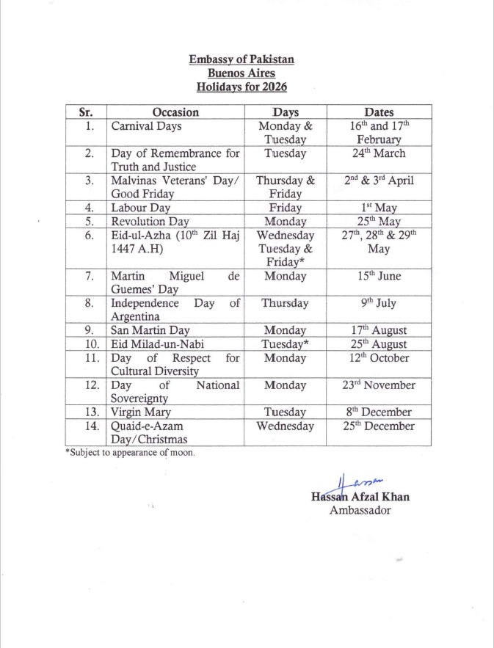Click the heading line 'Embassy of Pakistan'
coord(241,59)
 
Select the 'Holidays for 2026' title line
coord(241,87)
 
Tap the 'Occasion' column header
coord(175,112)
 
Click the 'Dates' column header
coord(379,112)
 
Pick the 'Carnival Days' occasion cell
coord(147,126)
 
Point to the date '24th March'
coord(379,153)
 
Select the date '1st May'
coord(379,208)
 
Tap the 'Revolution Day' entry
coord(150,221)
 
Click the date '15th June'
coord(379,276)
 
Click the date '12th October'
coord(379,358)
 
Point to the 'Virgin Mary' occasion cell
coord(141,412)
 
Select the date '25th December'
coord(379,426)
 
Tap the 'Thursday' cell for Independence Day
coord(286,303)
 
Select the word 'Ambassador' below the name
coord(360,510)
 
